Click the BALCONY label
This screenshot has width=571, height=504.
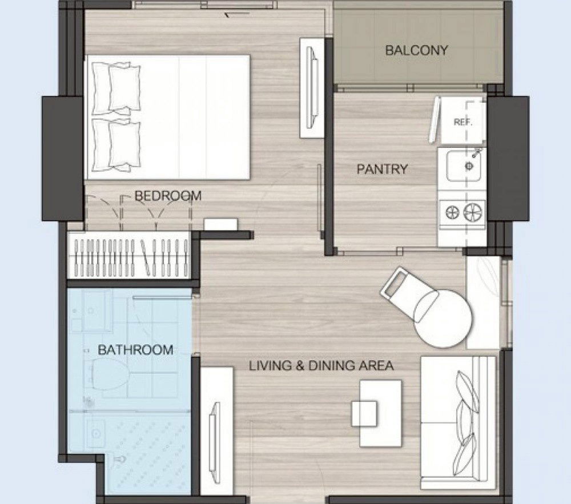click(x=416, y=50)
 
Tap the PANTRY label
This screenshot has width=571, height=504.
click(x=382, y=169)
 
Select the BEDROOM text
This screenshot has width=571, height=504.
click(x=168, y=196)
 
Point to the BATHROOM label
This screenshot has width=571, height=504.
click(x=135, y=350)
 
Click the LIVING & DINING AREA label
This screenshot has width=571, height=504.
click(x=321, y=365)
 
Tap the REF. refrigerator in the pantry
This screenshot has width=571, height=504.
click(x=463, y=120)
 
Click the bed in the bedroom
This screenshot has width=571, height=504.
click(x=167, y=117)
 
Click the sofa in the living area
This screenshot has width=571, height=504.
click(x=458, y=422)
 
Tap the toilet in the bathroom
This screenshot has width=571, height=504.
click(x=108, y=373)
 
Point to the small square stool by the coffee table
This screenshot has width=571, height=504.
click(x=364, y=413)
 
